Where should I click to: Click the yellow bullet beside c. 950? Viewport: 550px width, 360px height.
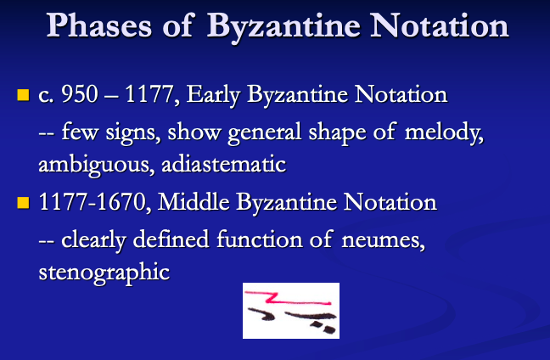click(24, 92)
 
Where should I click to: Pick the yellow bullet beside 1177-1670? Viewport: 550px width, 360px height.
click(24, 202)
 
